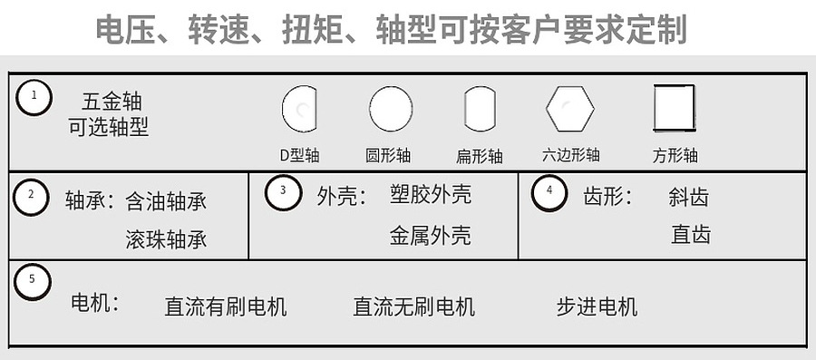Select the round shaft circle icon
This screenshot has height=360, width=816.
pyautogui.click(x=391, y=109)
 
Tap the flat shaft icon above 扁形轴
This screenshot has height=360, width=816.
pyautogui.click(x=480, y=109)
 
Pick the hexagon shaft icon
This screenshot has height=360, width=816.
pyautogui.click(x=569, y=109)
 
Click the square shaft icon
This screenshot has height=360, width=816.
pyautogui.click(x=675, y=108)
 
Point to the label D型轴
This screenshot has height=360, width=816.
pyautogui.click(x=298, y=155)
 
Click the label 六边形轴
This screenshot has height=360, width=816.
pyautogui.click(x=570, y=155)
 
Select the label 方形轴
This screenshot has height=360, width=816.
pyautogui.click(x=675, y=155)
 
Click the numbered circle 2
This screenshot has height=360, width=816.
pyautogui.click(x=32, y=195)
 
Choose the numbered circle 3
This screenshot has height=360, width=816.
pyautogui.click(x=284, y=191)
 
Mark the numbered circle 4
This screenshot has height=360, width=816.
pyautogui.click(x=549, y=191)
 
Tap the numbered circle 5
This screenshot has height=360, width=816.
pyautogui.click(x=33, y=281)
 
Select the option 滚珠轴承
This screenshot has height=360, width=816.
pyautogui.click(x=166, y=240)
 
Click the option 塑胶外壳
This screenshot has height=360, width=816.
pyautogui.click(x=430, y=195)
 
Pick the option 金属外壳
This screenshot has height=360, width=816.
pyautogui.click(x=430, y=236)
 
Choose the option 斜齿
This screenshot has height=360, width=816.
pyautogui.click(x=688, y=197)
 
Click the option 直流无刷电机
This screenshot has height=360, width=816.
pyautogui.click(x=413, y=306)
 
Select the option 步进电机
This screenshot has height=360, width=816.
pyautogui.click(x=597, y=306)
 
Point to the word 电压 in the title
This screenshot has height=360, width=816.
pyautogui.click(x=127, y=30)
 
